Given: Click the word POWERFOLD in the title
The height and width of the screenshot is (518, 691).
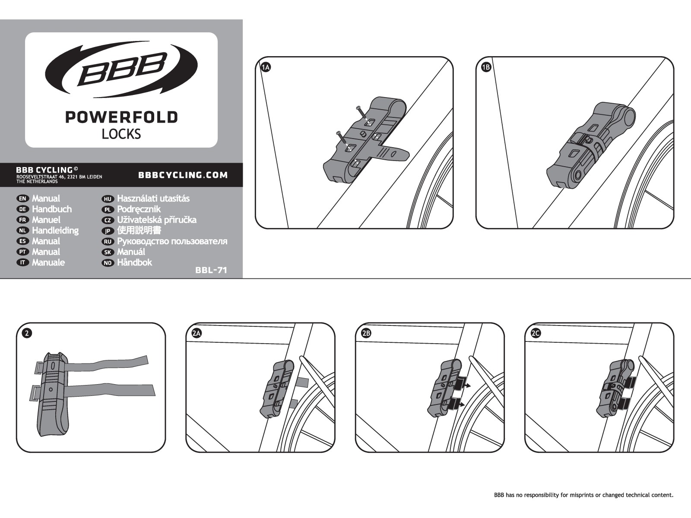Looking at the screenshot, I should click(121, 117).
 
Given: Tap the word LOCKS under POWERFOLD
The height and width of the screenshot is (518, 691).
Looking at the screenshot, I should click(121, 134).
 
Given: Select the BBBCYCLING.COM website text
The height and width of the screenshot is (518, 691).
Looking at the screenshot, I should click(183, 175).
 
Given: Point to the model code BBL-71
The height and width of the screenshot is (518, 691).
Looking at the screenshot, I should click(211, 271).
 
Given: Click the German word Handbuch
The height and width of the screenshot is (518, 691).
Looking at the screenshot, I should click(52, 209).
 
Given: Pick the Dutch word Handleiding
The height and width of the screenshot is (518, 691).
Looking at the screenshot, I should click(55, 231).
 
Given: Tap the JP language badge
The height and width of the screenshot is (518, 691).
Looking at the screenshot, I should click(108, 231).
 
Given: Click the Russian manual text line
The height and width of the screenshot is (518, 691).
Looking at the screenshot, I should click(172, 241).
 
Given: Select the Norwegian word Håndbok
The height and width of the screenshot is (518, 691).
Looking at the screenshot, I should click(134, 262).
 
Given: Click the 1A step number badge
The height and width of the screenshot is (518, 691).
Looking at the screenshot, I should click(266, 67).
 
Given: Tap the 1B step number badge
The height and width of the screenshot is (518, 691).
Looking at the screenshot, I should click(486, 67).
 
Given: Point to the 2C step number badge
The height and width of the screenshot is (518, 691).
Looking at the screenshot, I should click(536, 333).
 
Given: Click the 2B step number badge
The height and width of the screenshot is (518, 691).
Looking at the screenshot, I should click(366, 333).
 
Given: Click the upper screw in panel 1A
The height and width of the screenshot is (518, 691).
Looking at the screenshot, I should click(361, 111).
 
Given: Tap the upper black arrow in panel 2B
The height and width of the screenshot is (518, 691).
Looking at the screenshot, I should click(467, 386).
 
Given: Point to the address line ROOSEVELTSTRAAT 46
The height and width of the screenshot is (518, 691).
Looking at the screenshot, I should click(59, 177).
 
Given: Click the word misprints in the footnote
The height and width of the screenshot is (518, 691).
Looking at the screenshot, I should click(577, 495).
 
